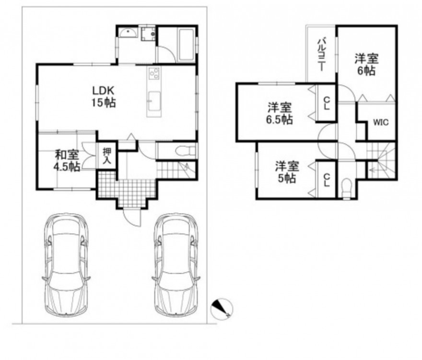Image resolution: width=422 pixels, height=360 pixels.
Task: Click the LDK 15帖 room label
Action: pos(104,96)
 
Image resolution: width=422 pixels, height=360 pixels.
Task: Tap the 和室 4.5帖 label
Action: pos(67,161)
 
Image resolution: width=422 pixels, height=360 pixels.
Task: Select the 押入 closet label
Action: pos(107,156)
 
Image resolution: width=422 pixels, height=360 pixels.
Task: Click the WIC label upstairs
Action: pos(381,122)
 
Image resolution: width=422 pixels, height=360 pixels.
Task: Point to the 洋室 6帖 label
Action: pos(366,65)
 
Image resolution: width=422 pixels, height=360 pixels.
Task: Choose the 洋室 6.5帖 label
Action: pos(280,113)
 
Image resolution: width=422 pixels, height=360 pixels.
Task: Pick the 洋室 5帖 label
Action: pos(287,172)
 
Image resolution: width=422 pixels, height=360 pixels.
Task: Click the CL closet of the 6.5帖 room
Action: pos(327,103)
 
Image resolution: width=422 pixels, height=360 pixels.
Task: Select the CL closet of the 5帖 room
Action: pos(327,180)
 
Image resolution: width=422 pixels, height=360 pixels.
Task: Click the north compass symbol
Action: pos(222,309)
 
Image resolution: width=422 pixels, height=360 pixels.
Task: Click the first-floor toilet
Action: pos(185,151)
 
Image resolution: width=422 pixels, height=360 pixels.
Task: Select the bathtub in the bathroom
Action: pos(186,45)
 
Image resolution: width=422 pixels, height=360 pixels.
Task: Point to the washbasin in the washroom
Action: pos(128,33)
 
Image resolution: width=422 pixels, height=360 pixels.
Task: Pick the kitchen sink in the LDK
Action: pos(154,101)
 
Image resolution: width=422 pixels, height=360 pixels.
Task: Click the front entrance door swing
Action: pos(132,217)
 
